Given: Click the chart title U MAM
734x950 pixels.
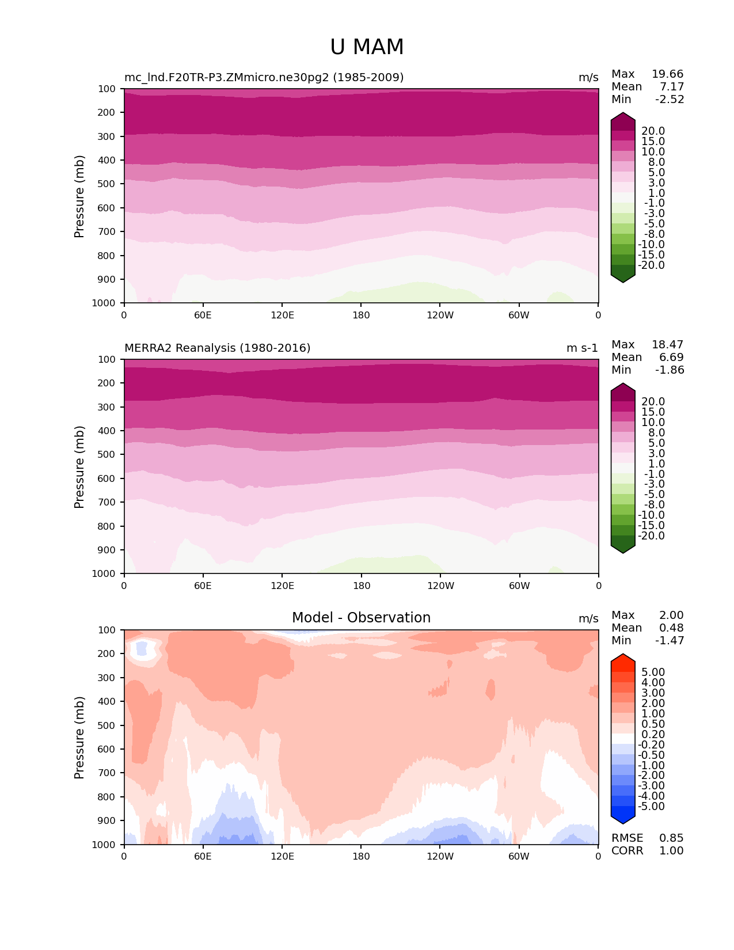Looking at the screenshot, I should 367,47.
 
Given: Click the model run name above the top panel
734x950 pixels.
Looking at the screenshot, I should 264,77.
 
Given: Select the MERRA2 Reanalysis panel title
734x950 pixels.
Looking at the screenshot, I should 217,348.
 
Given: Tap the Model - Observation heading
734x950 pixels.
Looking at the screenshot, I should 361,618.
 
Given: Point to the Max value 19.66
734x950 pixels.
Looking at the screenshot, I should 667,74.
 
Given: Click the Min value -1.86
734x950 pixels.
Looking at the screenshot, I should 670,370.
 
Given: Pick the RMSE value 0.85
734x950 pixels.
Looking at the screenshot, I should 671,838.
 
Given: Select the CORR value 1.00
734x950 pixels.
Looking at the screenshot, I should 671,850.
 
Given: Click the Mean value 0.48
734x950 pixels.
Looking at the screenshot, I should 671,628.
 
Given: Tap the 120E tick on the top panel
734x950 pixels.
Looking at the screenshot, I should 282,315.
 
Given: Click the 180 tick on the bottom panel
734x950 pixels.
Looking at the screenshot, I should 361,856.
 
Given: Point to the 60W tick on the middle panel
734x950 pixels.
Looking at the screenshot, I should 519,586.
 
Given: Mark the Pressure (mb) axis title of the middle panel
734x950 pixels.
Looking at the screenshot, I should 79,466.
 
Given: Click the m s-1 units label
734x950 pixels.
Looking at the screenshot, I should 582,348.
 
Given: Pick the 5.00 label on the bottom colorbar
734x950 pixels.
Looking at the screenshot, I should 653,672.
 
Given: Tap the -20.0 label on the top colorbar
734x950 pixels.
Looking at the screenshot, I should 651,265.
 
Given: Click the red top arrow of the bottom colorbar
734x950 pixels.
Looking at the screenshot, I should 622,662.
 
